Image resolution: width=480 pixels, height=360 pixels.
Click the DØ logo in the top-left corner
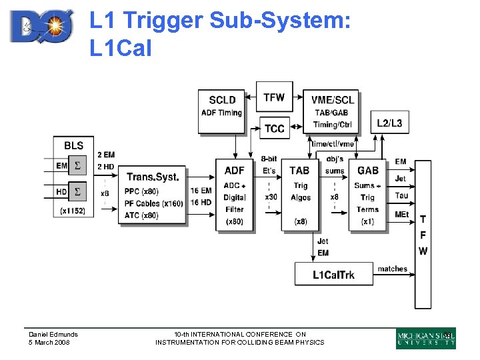tap(43, 27)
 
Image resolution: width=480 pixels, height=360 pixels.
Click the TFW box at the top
tap(273, 97)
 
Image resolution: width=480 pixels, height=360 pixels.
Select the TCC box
tap(274, 128)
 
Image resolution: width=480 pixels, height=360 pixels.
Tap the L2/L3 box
tap(389, 123)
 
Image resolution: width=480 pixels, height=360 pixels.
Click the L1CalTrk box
tap(333, 274)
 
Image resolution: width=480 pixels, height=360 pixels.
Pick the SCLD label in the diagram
tap(222, 100)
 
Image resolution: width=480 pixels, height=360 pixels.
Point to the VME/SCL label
tap(333, 100)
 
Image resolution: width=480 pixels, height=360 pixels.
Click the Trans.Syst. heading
tap(153, 177)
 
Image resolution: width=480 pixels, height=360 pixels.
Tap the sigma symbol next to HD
tap(78, 191)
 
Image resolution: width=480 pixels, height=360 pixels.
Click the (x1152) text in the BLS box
tap(72, 211)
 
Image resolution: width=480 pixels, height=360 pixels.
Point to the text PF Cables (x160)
tap(153, 203)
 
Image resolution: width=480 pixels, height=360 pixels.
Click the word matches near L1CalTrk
tap(392, 269)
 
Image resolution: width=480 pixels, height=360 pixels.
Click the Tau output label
tap(401, 195)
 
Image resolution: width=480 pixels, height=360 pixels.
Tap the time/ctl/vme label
tap(333, 144)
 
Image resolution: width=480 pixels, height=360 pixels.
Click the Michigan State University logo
tap(425, 339)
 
